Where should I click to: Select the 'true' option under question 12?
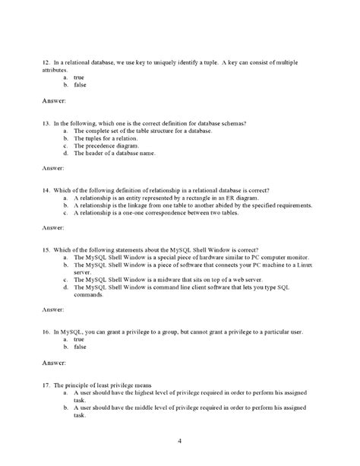(79, 77)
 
